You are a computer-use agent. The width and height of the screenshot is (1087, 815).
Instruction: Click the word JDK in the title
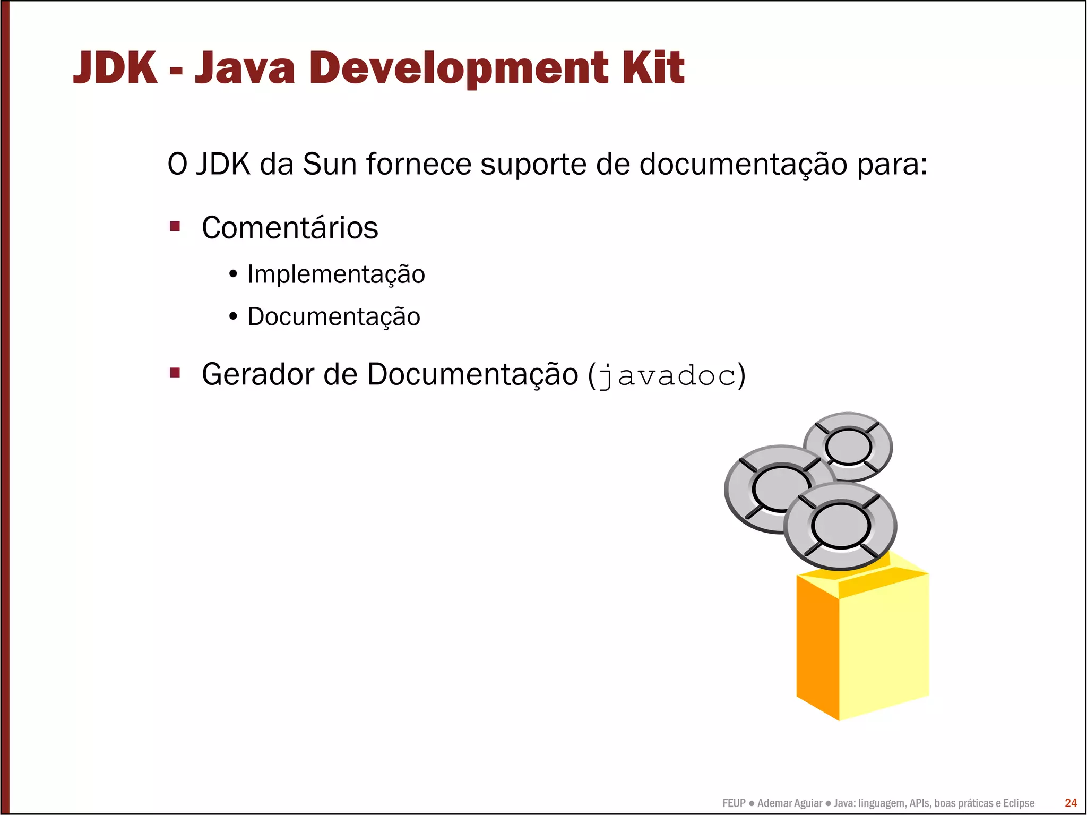click(x=115, y=68)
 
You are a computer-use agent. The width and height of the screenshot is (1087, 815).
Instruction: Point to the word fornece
click(x=418, y=164)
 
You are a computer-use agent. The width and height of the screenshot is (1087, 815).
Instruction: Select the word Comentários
click(x=290, y=228)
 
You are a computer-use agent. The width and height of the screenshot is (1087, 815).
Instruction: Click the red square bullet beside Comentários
click(x=175, y=227)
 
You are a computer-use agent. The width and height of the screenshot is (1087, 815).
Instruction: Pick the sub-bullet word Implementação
click(x=336, y=275)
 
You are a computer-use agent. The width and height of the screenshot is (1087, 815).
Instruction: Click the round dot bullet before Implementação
click(x=233, y=274)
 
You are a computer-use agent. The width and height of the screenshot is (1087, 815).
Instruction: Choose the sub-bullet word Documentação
click(x=334, y=317)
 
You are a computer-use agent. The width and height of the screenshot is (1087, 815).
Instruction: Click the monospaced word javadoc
click(x=667, y=376)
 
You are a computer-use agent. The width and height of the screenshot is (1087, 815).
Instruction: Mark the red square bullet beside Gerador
click(x=175, y=373)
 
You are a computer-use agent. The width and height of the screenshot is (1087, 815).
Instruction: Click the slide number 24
click(x=1071, y=803)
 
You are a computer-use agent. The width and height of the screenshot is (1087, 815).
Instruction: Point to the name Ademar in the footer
click(x=773, y=803)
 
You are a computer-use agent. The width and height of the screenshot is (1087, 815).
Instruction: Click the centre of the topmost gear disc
click(x=848, y=447)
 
